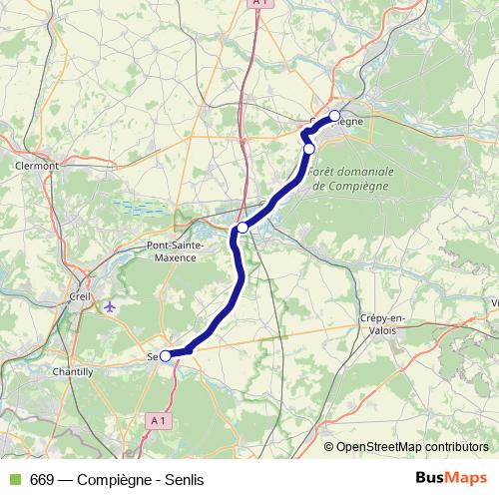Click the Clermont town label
click(37, 166)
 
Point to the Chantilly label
click(73, 370)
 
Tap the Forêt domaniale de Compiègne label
click(351, 179)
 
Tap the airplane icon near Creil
click(109, 306)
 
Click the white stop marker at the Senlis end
click(166, 354)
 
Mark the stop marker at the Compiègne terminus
click(334, 115)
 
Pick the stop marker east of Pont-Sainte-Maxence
click(243, 228)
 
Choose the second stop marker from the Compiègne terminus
click(309, 149)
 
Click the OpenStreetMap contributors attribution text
click(412, 446)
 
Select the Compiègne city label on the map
click(344, 122)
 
